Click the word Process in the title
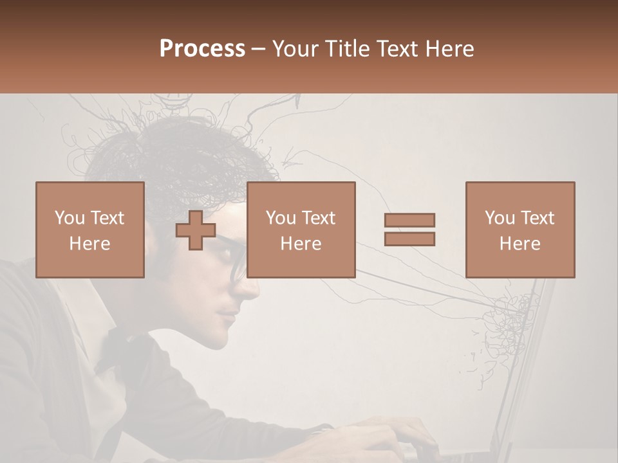[x=202, y=49]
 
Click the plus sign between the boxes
[x=196, y=230]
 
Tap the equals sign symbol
[x=409, y=230]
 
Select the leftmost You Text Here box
[x=90, y=230]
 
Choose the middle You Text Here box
[x=301, y=230]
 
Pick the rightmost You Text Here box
[x=520, y=230]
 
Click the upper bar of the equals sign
[x=409, y=221]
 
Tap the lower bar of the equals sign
[x=409, y=239]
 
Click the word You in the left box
[x=68, y=218]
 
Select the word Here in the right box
[x=520, y=243]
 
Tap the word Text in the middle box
[x=319, y=218]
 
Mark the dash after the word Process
[x=259, y=49]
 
